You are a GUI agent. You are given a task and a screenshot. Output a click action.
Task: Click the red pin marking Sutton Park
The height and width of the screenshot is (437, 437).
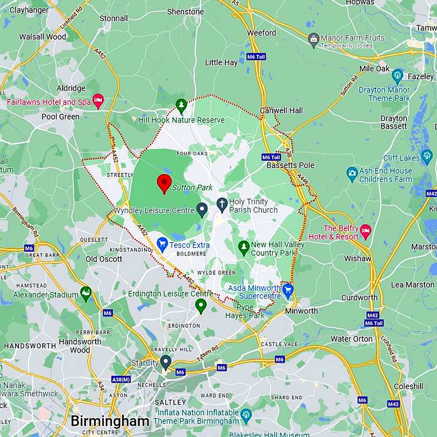pyautogui.click(x=165, y=183)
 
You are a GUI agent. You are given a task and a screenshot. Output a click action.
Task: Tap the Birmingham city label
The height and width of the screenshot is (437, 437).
pyautogui.click(x=110, y=421)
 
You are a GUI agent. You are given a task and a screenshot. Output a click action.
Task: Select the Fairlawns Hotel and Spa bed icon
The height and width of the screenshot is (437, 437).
pyautogui.click(x=98, y=101)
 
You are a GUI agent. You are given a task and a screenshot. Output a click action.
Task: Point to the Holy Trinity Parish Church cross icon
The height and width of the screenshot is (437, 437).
pyautogui.click(x=222, y=204)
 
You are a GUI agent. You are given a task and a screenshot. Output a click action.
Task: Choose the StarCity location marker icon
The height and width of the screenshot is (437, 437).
pyautogui.click(x=166, y=362)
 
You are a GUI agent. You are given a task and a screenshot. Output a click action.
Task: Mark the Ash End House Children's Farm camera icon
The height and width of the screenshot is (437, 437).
pyautogui.click(x=352, y=173)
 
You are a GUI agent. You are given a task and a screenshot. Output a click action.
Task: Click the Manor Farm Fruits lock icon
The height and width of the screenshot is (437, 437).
pyautogui.click(x=314, y=39)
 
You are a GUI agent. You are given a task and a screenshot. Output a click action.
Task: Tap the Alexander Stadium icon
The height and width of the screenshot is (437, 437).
pyautogui.click(x=86, y=293)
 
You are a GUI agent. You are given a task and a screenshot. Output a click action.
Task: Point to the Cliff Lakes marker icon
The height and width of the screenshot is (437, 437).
pyautogui.click(x=427, y=156)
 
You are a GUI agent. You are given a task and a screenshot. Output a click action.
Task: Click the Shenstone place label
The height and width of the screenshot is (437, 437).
pyautogui.click(x=185, y=12)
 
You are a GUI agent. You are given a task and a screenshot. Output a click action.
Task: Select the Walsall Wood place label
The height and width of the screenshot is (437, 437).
pyautogui.click(x=43, y=37)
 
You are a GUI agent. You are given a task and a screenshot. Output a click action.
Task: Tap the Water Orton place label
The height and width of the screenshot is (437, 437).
pyautogui.click(x=352, y=339)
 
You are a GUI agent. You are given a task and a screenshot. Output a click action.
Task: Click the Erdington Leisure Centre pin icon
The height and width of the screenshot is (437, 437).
pyautogui.click(x=201, y=305)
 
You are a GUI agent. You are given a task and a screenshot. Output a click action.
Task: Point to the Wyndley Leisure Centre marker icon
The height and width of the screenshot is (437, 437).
pyautogui.click(x=202, y=209)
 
